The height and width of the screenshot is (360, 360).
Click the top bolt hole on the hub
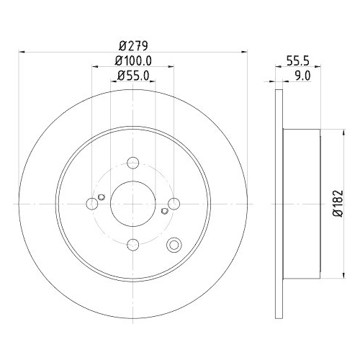pos(132,163)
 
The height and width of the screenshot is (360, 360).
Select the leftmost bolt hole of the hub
pos(91,204)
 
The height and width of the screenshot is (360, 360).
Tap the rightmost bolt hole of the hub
pos(174,204)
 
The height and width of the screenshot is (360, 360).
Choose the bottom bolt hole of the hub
pos(132,245)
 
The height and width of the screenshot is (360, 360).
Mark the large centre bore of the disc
pos(132,204)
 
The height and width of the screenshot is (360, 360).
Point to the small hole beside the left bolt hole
pos(102,198)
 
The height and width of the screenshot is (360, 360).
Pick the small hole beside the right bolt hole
pos(165,211)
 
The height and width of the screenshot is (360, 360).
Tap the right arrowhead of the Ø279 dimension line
pos(245,52)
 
